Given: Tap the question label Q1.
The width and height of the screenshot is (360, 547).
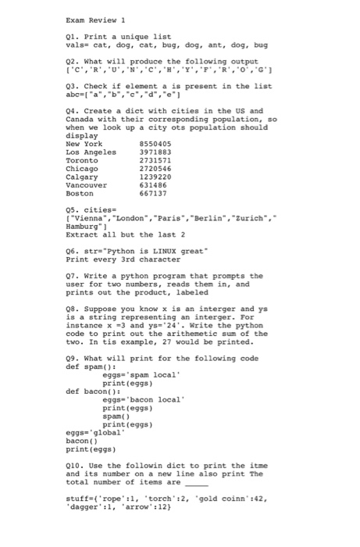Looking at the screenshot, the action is coord(73,38).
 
